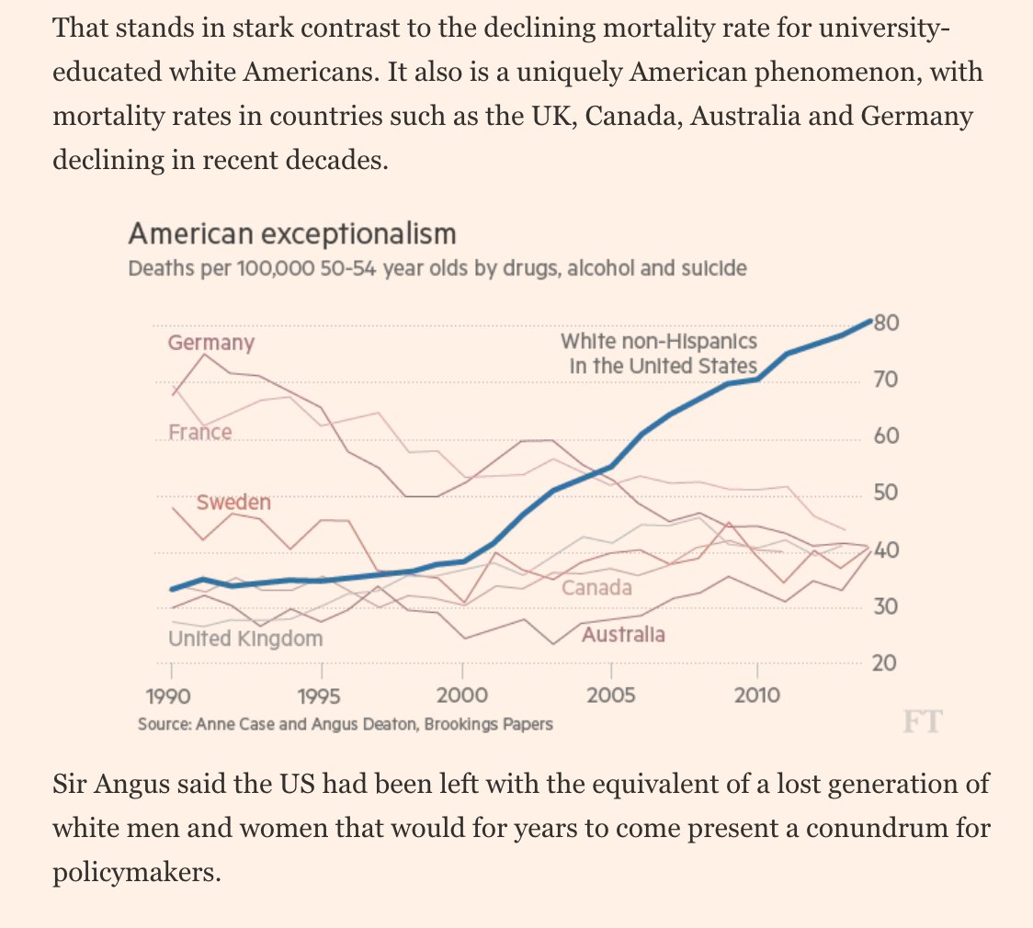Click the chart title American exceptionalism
point(291,234)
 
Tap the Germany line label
point(210,343)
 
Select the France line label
point(199,432)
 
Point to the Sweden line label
point(233,503)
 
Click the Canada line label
point(596,587)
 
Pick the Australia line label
point(623,634)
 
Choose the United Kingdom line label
point(245,638)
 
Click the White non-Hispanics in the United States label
point(659,354)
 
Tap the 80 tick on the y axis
point(886,323)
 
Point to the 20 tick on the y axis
point(885,663)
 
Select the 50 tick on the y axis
point(885,493)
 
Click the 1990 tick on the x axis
point(170,696)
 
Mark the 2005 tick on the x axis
point(610,696)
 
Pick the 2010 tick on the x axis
point(757,696)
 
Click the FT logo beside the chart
point(922,721)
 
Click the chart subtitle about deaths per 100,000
point(437,269)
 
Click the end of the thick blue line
point(869,321)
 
